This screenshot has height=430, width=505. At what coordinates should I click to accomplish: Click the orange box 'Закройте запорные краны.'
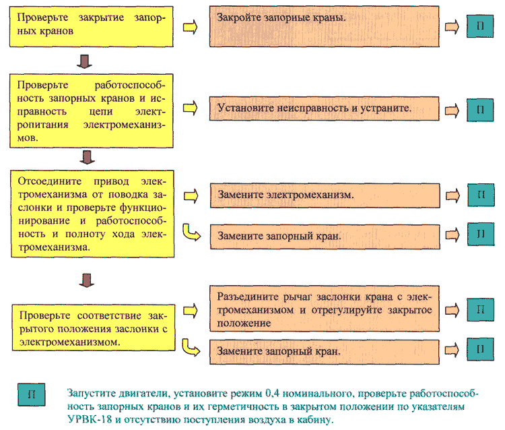pyautogui.click(x=324, y=26)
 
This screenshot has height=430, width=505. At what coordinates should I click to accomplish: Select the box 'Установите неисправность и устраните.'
pyautogui.click(x=324, y=109)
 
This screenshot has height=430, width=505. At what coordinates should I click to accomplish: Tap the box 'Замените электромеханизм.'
pyautogui.click(x=325, y=195)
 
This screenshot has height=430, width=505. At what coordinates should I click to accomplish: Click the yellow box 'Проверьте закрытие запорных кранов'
pyautogui.click(x=92, y=26)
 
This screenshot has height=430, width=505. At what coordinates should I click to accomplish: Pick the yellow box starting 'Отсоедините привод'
pyautogui.click(x=93, y=214)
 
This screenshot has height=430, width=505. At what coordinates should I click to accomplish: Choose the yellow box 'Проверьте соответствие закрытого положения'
pyautogui.click(x=94, y=328)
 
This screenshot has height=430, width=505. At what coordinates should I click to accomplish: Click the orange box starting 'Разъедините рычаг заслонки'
pyautogui.click(x=325, y=309)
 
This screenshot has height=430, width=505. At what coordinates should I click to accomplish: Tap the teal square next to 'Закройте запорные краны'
pyautogui.click(x=480, y=26)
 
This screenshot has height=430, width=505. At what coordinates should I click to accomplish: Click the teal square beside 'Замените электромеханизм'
pyautogui.click(x=481, y=195)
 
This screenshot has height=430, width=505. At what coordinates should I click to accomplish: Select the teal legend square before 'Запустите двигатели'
pyautogui.click(x=31, y=394)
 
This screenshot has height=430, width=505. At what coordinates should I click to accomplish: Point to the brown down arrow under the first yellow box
pyautogui.click(x=84, y=61)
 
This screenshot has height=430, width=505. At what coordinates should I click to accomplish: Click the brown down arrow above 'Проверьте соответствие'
pyautogui.click(x=87, y=280)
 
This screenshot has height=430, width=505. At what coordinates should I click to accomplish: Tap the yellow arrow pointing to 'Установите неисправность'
pyautogui.click(x=191, y=108)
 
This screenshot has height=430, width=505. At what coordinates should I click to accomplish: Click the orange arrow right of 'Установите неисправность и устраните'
pyautogui.click(x=452, y=111)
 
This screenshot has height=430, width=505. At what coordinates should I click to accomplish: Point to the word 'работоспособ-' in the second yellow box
pyautogui.click(x=130, y=85)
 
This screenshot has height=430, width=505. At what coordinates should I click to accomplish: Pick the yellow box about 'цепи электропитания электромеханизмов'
pyautogui.click(x=92, y=111)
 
